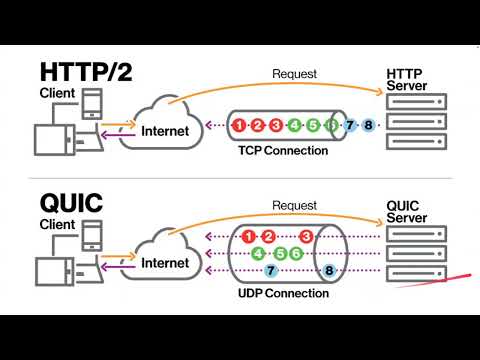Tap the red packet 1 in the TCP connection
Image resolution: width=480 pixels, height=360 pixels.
[239, 125]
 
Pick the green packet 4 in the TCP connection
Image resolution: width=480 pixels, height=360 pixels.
[294, 125]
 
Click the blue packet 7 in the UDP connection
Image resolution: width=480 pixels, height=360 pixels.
[270, 271]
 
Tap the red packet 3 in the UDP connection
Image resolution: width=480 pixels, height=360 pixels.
[307, 237]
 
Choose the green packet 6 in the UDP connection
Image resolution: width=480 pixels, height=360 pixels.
[296, 254]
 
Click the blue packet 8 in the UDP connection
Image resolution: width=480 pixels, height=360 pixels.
[330, 271]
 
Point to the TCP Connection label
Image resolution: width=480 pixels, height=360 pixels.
[283, 151]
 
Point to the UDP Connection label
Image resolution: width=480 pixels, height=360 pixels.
[283, 293]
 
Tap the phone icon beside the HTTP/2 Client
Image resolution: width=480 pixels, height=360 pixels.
[90, 104]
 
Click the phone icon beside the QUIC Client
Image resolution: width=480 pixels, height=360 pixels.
[90, 235]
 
